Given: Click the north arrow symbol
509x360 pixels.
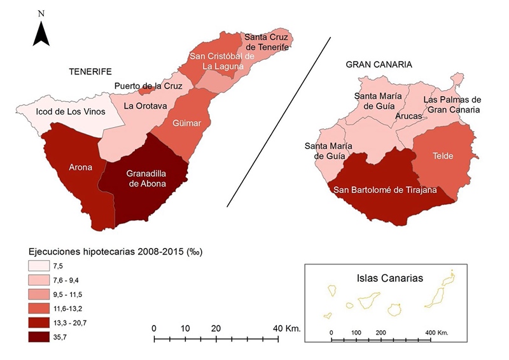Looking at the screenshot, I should pyautogui.click(x=41, y=32).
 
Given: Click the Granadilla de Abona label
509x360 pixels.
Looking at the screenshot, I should pyautogui.click(x=146, y=178).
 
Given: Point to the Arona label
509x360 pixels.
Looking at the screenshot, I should pyautogui.click(x=80, y=168).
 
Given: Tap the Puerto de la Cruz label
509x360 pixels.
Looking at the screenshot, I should pyautogui.click(x=148, y=86).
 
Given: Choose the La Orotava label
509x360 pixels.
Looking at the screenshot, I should pyautogui.click(x=145, y=106).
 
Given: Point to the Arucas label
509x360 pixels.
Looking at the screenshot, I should pyautogui.click(x=408, y=116).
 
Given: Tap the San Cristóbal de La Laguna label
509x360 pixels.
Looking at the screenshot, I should pyautogui.click(x=222, y=60).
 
